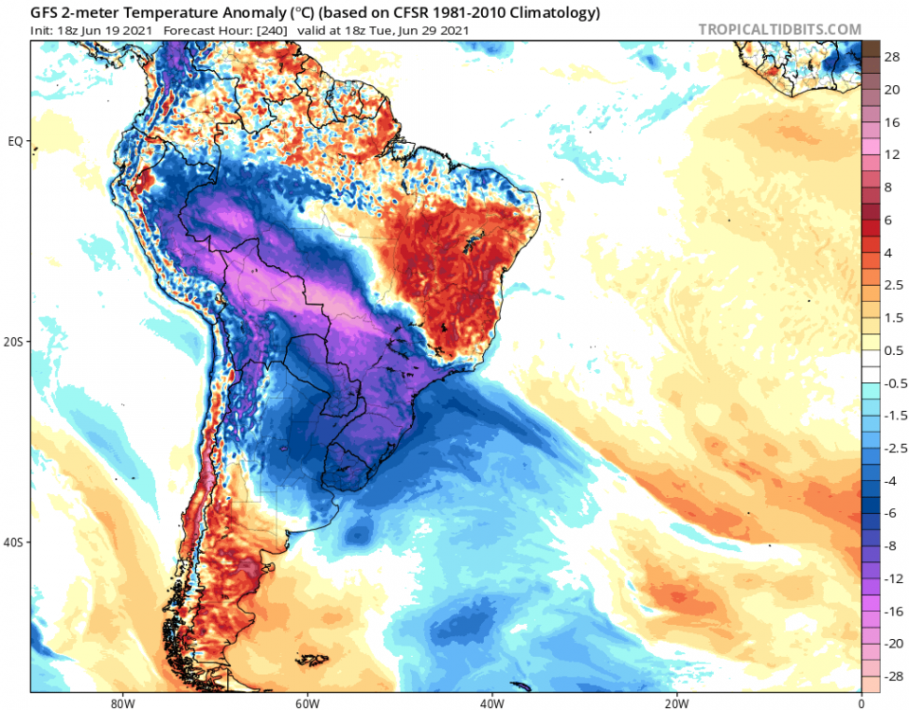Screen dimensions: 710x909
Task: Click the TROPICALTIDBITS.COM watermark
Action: [779, 29]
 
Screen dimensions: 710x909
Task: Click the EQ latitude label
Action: [15, 141]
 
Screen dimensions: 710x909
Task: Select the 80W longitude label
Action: [120, 703]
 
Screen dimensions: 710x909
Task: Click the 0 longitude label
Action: [861, 703]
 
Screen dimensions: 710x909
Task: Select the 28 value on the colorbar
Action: [892, 58]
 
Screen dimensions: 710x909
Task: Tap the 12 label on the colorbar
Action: [892, 154]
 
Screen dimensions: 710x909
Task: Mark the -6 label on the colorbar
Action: [892, 513]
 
